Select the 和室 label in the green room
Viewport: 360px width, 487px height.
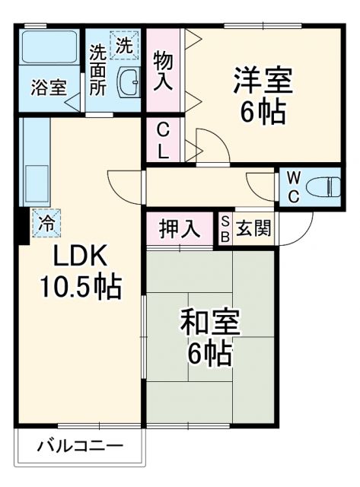point(210,323)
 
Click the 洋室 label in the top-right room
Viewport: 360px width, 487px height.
point(263,79)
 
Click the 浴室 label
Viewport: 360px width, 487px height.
point(49,87)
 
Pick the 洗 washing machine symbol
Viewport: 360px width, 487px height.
point(125,44)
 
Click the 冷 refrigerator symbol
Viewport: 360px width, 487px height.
point(46,223)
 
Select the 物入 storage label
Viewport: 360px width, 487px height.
point(163,70)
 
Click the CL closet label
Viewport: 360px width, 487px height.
point(163,140)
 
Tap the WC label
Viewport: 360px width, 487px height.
point(293,186)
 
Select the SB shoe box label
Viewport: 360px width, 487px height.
point(225,228)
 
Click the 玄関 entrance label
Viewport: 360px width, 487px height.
point(249,228)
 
